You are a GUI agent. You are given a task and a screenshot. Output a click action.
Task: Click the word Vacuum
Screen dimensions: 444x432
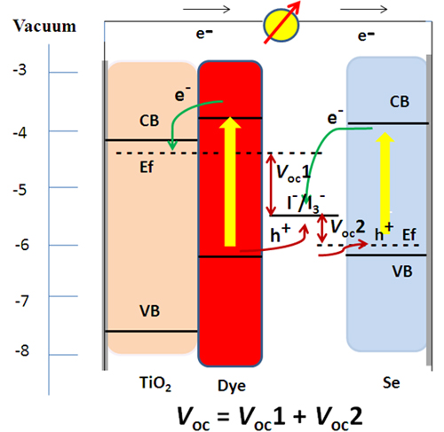(x=44, y=26)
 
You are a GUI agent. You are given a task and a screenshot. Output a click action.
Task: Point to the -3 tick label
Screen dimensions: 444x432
(x=20, y=70)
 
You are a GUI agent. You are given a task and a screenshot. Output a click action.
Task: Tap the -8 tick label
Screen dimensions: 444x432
(x=22, y=350)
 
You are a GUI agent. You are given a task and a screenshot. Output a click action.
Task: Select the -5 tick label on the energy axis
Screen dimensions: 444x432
(x=20, y=190)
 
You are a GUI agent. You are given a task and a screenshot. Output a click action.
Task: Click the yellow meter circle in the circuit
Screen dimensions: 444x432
(x=281, y=26)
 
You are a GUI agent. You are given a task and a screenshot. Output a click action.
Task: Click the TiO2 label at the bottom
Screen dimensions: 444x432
(x=155, y=383)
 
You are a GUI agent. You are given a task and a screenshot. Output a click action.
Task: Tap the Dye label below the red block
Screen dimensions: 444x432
(x=232, y=386)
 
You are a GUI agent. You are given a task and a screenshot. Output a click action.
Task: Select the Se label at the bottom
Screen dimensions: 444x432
(x=392, y=383)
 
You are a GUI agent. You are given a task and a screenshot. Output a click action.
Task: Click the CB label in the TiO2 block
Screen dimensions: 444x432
(x=149, y=121)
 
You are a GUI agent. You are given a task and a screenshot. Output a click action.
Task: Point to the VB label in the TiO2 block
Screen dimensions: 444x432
(x=150, y=311)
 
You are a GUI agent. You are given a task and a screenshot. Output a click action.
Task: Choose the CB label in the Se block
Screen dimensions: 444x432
(x=400, y=102)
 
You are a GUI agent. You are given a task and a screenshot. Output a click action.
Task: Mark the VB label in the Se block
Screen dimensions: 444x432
(x=402, y=271)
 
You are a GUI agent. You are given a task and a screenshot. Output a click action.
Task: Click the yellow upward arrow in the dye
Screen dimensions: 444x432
(x=230, y=182)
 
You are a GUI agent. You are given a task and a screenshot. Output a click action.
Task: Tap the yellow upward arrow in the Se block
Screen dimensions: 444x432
(x=385, y=183)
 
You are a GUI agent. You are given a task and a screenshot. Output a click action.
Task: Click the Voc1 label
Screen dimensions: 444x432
(x=293, y=172)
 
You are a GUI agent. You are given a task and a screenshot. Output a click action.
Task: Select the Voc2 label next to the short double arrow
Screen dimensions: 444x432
(x=347, y=228)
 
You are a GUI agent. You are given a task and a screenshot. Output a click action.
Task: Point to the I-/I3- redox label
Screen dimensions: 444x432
(x=306, y=203)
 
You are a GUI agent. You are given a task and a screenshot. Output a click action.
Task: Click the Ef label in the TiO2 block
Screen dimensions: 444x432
(x=147, y=168)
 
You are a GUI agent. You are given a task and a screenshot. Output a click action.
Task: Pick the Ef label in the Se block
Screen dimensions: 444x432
(x=409, y=235)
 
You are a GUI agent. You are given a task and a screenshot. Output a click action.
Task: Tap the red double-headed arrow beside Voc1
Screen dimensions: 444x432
(x=271, y=185)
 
